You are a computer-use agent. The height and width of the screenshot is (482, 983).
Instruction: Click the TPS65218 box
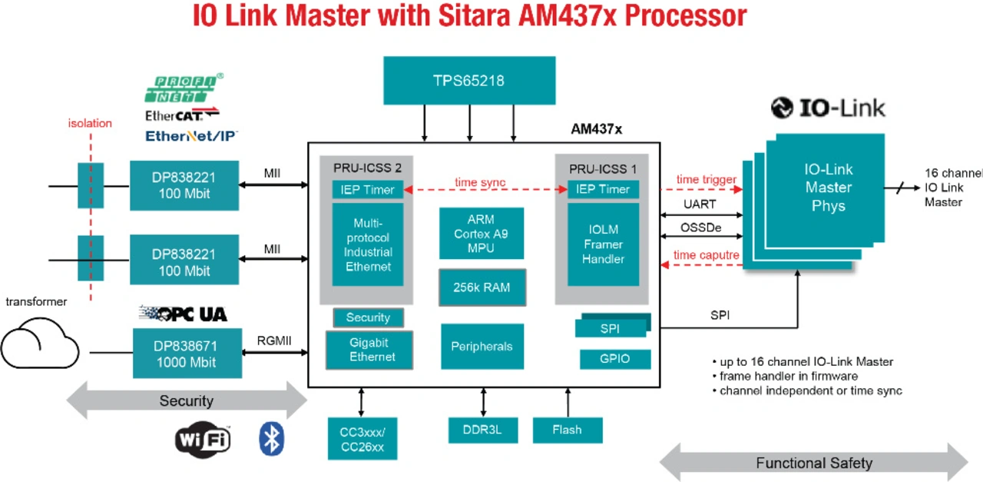click(x=469, y=80)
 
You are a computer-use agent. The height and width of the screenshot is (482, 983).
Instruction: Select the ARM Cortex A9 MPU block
click(x=482, y=234)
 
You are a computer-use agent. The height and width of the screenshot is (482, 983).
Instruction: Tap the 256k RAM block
click(x=482, y=288)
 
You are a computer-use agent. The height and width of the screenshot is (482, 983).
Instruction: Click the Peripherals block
click(x=482, y=346)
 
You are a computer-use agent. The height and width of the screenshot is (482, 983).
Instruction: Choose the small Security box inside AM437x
click(x=368, y=317)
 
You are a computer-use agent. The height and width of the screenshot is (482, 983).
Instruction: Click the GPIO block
click(x=614, y=359)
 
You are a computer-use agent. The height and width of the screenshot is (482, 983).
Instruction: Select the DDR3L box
click(x=483, y=430)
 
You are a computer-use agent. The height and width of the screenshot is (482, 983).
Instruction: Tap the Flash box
click(x=567, y=430)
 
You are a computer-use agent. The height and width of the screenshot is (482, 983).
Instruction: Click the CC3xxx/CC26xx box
click(x=362, y=439)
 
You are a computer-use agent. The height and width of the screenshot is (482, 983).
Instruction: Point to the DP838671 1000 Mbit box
click(x=187, y=354)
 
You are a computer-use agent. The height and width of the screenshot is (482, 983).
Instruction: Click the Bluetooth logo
click(x=270, y=438)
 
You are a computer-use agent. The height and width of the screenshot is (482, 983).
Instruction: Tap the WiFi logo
click(x=203, y=439)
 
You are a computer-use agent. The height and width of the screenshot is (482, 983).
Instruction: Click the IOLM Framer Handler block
click(x=603, y=244)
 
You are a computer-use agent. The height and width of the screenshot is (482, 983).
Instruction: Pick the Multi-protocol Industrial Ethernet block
click(x=367, y=244)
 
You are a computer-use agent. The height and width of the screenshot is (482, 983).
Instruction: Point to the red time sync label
click(x=480, y=182)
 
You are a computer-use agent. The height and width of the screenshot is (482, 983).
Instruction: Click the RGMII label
click(x=273, y=341)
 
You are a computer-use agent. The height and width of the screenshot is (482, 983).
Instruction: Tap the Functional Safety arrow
click(x=813, y=463)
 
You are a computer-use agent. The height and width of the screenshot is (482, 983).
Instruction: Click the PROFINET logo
click(x=184, y=89)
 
